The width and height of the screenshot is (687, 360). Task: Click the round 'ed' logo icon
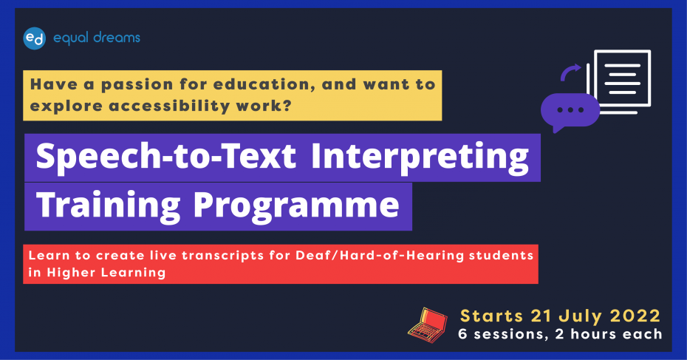[34, 38]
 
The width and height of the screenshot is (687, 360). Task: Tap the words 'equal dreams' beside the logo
[96, 38]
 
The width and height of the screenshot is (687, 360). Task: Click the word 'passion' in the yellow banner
[137, 85]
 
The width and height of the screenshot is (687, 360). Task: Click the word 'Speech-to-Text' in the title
[166, 157]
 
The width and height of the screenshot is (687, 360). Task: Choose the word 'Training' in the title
[108, 206]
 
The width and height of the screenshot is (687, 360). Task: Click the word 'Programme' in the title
[296, 206]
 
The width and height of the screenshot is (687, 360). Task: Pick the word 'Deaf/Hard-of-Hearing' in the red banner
[380, 255]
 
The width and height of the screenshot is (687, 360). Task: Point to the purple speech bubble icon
[570, 112]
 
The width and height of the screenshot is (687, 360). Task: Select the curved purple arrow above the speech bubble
[570, 72]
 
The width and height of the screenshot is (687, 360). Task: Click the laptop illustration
[428, 325]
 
